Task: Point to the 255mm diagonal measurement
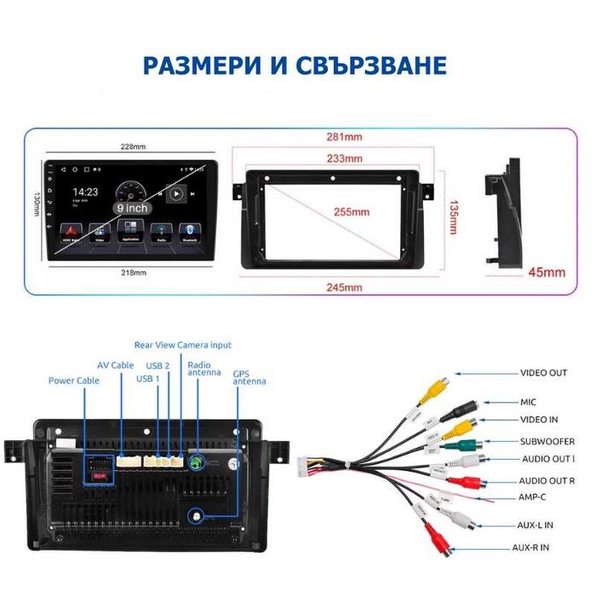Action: [x=351, y=212]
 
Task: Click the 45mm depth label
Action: [x=547, y=272]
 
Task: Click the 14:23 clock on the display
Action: [x=84, y=192]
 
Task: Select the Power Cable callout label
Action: [x=73, y=381]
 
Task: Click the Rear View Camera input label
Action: [x=182, y=345]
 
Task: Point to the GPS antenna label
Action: [x=249, y=377]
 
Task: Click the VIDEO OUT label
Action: [x=543, y=373]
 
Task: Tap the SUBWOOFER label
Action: [x=547, y=441]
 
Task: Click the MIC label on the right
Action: [x=529, y=401]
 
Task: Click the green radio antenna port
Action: [x=198, y=462]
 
